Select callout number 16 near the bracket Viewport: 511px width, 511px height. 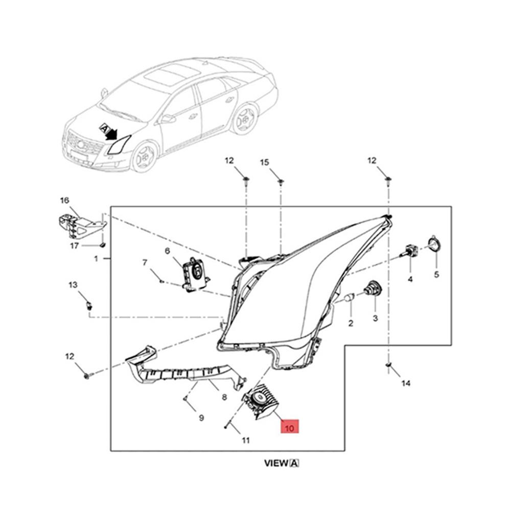click(64, 200)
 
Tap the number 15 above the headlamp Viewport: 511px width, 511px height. click(264, 162)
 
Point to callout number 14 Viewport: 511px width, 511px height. click(406, 383)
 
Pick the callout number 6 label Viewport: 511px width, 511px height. click(167, 250)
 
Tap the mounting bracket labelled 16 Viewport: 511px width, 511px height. click(79, 225)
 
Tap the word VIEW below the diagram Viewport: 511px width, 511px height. click(276, 463)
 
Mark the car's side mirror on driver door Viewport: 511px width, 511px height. click(167, 119)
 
